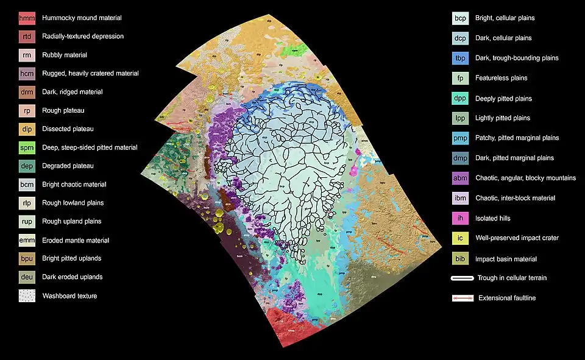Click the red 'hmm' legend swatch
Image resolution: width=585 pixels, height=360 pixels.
pos(27,18)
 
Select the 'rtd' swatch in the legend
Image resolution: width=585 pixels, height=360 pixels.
pos(27,37)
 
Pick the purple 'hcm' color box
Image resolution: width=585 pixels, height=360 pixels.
pos(27,74)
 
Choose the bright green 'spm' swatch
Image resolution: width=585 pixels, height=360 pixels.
pos(27,147)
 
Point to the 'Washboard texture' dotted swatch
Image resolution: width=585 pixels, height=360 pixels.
pos(27,296)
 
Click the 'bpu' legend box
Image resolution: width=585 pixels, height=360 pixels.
pos(27,259)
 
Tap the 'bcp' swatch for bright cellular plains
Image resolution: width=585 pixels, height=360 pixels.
pos(461,18)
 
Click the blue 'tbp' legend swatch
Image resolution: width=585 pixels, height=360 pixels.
pos(461,58)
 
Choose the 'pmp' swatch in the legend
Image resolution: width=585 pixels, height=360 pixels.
pos(461,138)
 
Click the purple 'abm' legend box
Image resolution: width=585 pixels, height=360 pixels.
pos(461,178)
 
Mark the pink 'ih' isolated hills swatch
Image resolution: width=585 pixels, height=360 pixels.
pos(461,218)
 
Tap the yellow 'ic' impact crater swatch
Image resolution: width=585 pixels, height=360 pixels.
pos(461,238)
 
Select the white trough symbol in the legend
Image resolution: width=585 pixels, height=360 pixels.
pos(462,278)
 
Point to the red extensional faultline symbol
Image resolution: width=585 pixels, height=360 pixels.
pos(462,298)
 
